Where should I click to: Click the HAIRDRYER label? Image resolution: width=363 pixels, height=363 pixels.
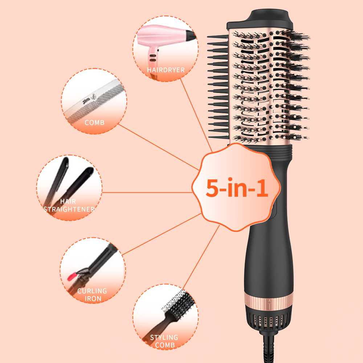coord(166,70)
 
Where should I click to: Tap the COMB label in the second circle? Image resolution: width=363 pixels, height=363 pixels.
coord(94,122)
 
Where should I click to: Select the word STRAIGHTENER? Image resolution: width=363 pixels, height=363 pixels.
coord(69,209)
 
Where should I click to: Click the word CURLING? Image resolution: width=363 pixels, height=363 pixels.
coord(92,291)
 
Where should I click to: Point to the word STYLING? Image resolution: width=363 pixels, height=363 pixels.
coord(164,338)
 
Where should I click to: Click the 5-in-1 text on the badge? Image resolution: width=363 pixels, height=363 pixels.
coord(237,188)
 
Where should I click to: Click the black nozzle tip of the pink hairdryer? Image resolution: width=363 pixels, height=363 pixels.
coord(191,35)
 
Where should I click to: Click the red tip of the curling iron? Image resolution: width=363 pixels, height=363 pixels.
coord(72,276)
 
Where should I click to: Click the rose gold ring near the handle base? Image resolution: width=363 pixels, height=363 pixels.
coord(269,300)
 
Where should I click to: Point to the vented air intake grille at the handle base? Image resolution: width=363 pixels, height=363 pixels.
coord(269,321)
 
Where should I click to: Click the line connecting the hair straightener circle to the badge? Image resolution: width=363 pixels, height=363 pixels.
coord(147,192)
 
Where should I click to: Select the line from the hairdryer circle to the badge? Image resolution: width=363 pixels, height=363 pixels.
coord(196,115)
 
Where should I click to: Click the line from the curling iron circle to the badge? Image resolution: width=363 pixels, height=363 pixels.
coord(162,234)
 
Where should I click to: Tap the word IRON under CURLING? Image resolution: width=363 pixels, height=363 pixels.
coord(93,299)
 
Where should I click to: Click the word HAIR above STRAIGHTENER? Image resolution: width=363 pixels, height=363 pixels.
coord(68,201)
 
